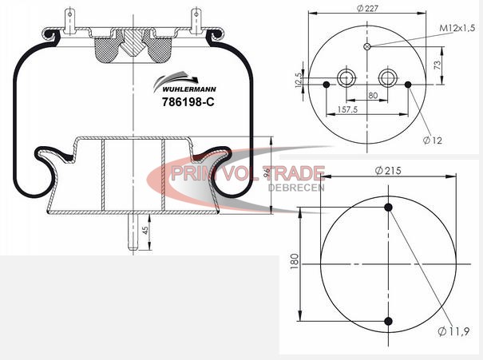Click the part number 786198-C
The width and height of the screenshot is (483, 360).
(188, 101)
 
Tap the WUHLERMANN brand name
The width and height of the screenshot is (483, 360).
(189, 89)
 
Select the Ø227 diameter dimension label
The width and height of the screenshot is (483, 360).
(367, 8)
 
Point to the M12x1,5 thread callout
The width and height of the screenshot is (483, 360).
(457, 29)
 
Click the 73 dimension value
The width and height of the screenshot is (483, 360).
(437, 65)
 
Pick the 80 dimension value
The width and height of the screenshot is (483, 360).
(373, 95)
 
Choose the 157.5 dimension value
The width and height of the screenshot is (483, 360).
(347, 109)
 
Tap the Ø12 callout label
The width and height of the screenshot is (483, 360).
(433, 140)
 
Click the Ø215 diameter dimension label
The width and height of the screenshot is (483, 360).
(388, 170)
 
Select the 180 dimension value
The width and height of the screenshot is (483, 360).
(295, 262)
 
